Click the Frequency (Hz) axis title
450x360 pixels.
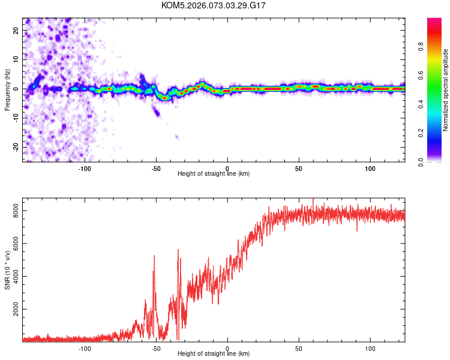7,89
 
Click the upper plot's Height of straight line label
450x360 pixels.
214,173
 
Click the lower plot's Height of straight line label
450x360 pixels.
214,354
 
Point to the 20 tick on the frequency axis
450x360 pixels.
16,30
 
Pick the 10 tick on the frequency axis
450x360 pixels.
16,59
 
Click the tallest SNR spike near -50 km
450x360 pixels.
154,256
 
